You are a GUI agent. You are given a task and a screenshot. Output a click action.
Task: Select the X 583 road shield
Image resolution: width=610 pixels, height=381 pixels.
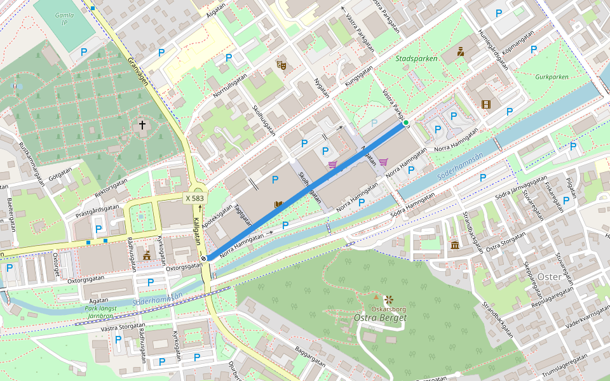pos(195,198)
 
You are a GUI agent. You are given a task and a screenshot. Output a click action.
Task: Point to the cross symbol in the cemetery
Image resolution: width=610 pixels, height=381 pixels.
pos(142,125)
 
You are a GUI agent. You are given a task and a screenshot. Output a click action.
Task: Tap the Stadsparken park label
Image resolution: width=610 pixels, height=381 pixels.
pos(416,58)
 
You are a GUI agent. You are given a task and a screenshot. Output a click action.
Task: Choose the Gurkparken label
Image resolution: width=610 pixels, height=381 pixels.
pos(551,76)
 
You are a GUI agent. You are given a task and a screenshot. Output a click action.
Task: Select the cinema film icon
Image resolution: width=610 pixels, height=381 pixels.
pos(486,104)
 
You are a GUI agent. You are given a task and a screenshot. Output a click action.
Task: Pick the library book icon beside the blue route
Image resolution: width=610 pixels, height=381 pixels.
pos(278,204)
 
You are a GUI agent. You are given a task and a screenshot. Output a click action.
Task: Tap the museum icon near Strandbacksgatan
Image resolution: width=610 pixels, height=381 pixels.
pos(454,244)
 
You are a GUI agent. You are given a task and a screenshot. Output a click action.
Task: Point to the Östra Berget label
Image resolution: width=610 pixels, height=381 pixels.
pos(380,317)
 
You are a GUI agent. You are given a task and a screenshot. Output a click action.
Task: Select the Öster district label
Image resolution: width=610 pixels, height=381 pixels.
pos(549,277)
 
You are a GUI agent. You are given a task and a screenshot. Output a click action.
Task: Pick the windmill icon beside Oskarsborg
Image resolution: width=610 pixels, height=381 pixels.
pos(389,298)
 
